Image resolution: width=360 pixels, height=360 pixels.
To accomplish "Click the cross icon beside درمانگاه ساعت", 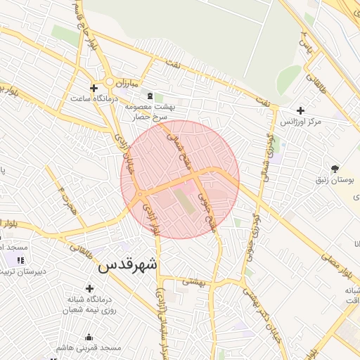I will [93, 88].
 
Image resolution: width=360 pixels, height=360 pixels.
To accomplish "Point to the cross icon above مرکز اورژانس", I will [301, 110].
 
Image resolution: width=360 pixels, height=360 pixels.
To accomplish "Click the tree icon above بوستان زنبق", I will [335, 169].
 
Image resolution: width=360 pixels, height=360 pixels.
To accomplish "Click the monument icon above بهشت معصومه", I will [149, 95].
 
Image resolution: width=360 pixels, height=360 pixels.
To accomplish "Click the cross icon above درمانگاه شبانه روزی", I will [89, 288].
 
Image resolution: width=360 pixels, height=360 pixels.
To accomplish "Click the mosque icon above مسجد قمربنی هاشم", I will [89, 336].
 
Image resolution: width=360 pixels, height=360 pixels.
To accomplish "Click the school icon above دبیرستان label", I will [20, 260].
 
